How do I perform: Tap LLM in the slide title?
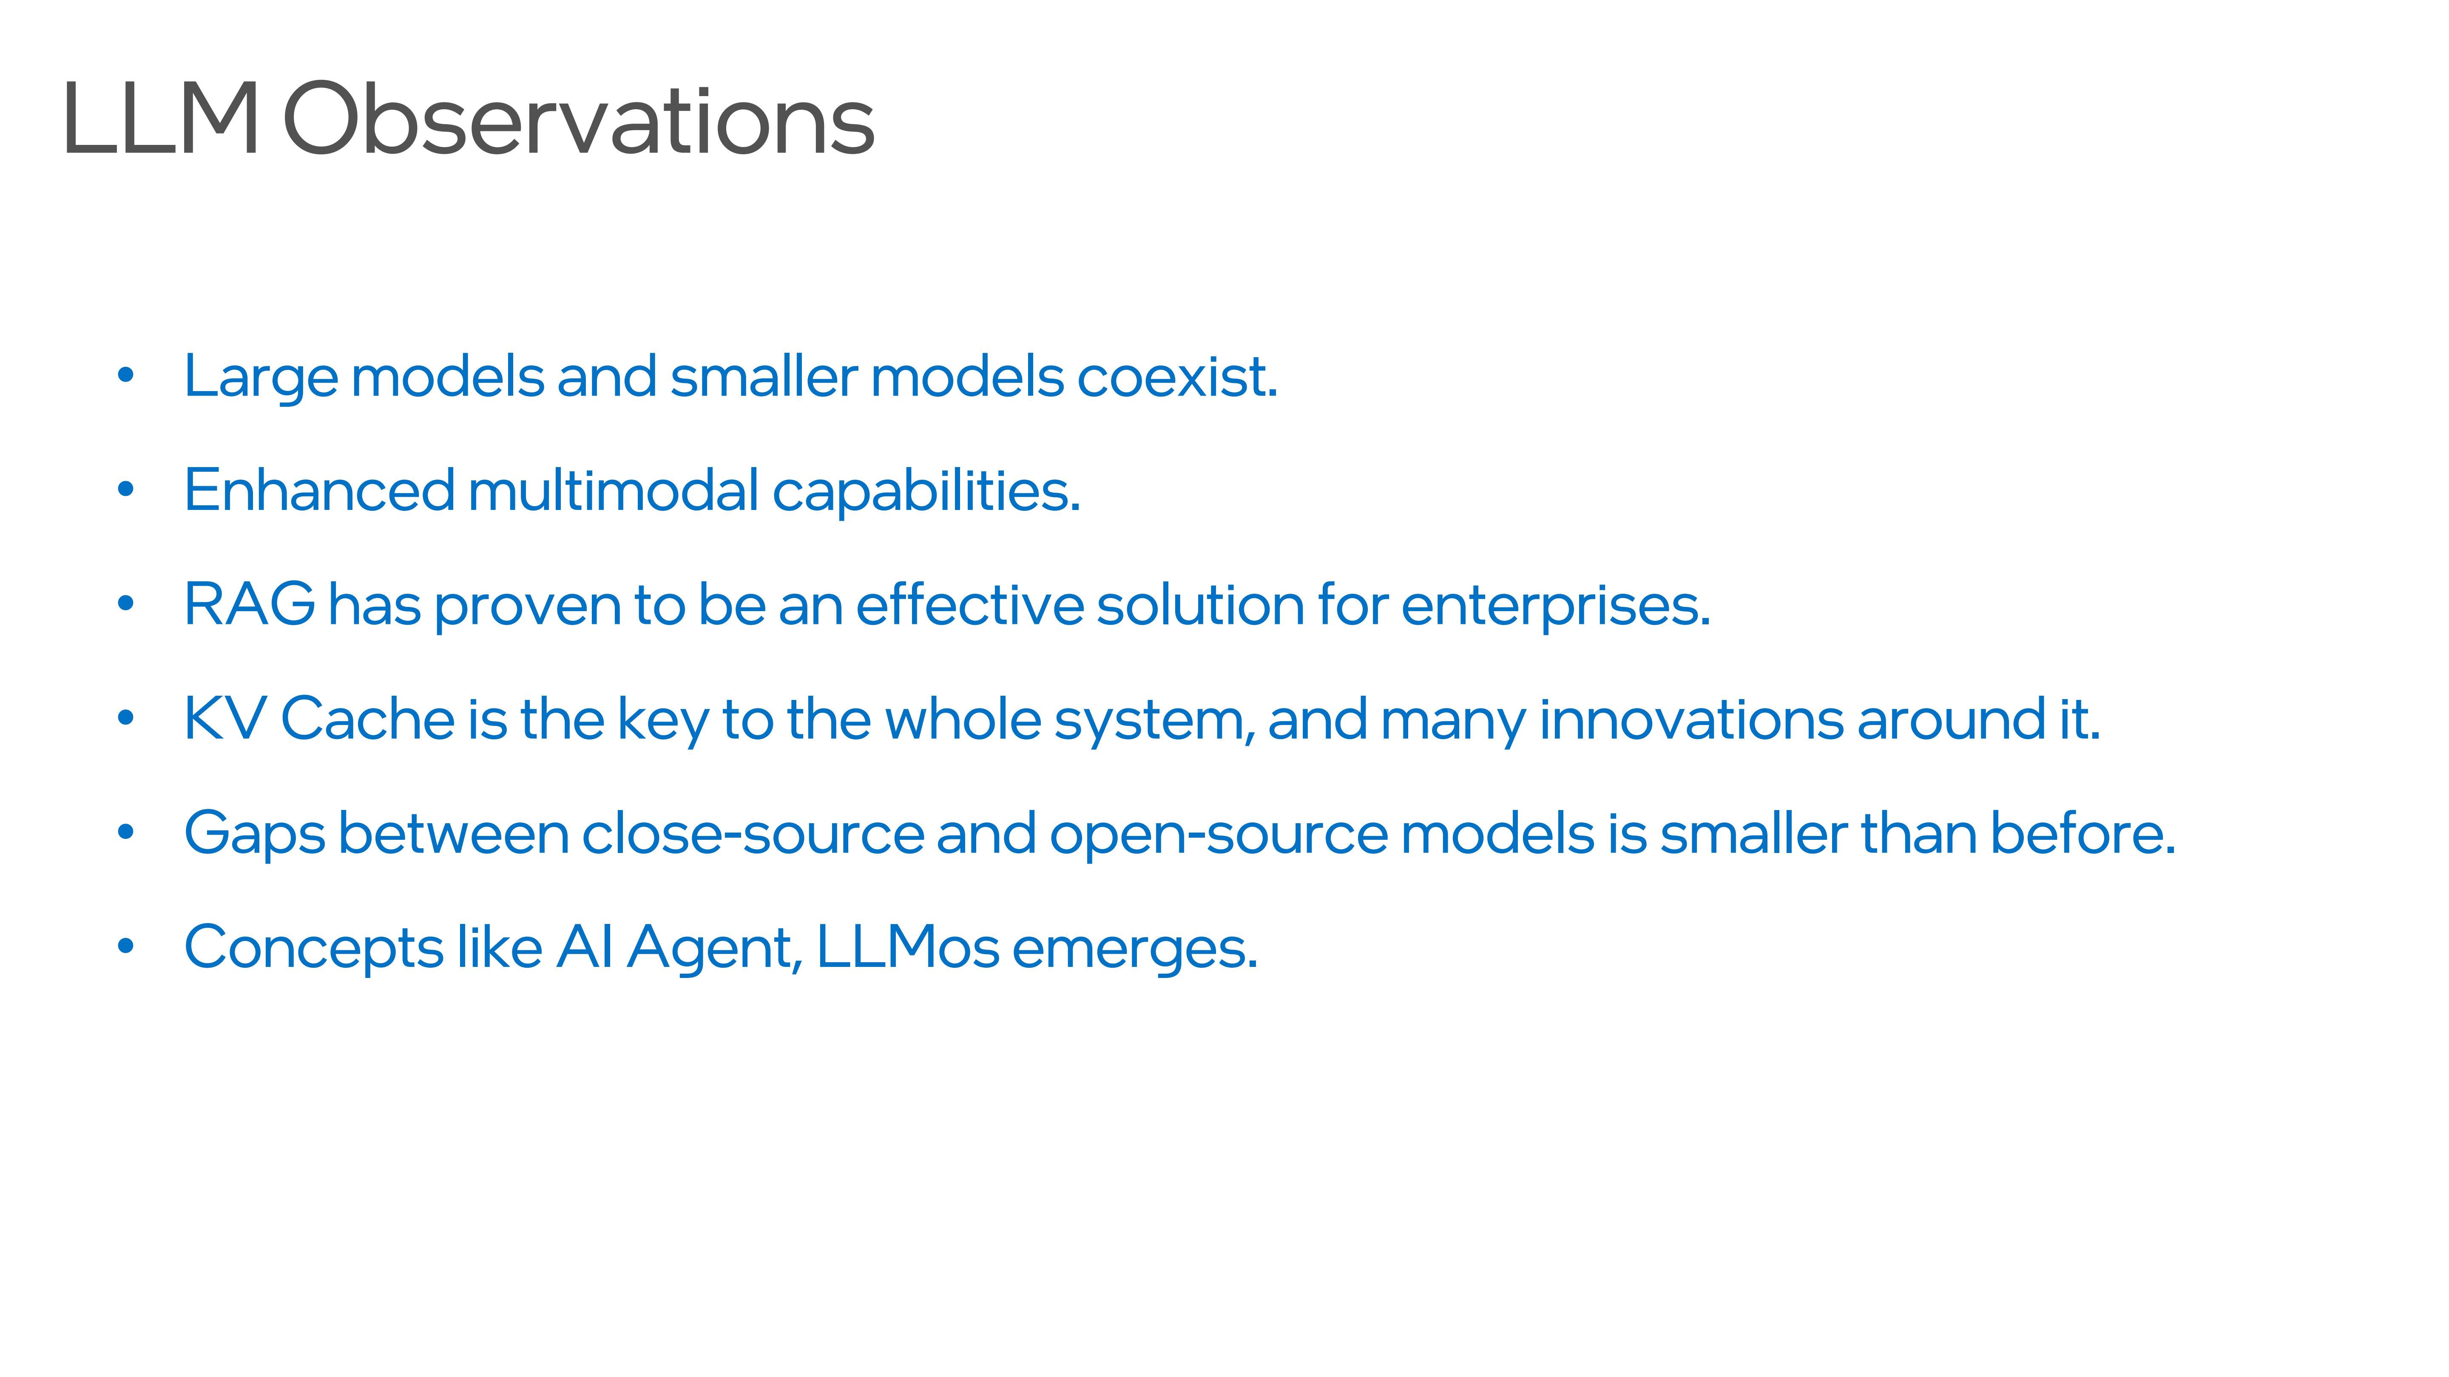click(x=160, y=120)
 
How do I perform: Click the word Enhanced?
click(x=319, y=490)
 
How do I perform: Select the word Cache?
click(x=367, y=718)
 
